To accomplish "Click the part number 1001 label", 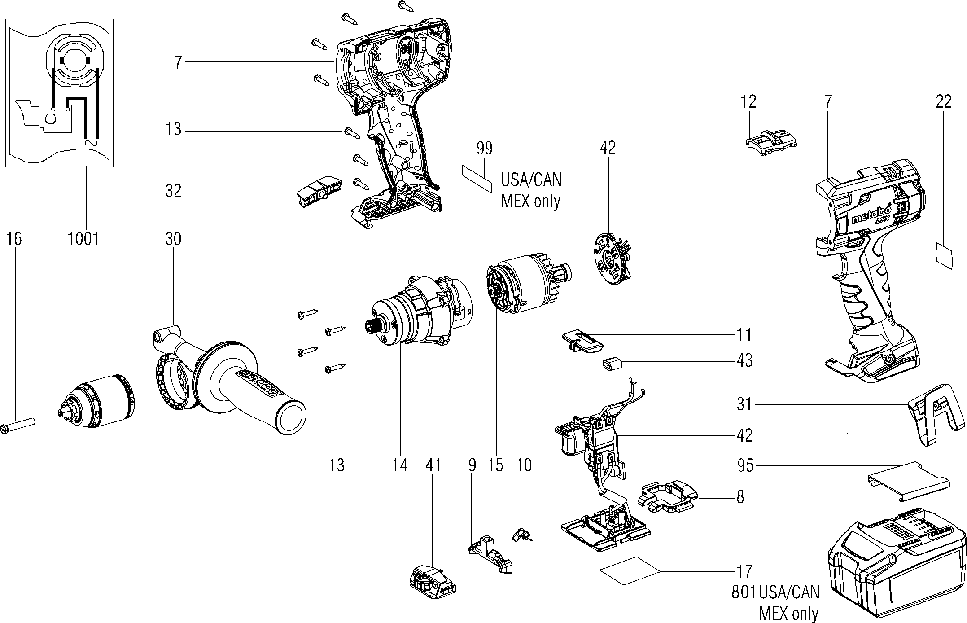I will click(x=83, y=238).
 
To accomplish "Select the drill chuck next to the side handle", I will click(x=97, y=401).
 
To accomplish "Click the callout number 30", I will click(x=173, y=238).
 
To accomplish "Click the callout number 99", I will click(x=484, y=148).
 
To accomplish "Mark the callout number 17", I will click(x=744, y=571).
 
